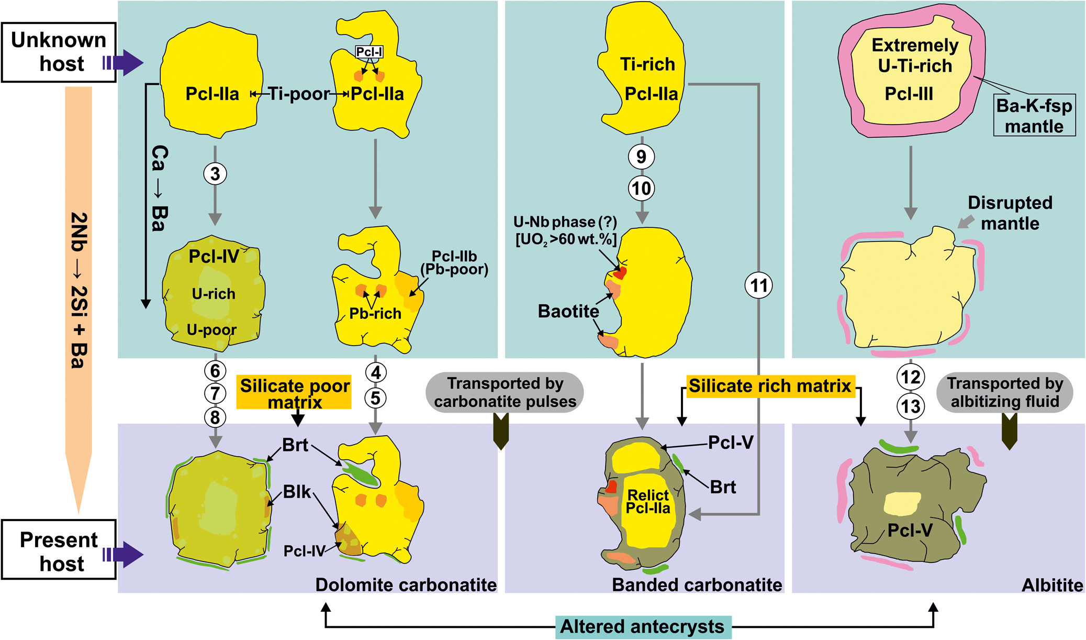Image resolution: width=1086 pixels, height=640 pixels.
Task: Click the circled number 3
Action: tap(215, 174)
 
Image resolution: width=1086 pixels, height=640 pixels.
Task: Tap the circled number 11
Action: tap(759, 286)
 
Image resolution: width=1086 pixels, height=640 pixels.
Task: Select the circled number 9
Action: tap(642, 157)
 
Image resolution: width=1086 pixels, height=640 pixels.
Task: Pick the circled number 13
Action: tap(911, 406)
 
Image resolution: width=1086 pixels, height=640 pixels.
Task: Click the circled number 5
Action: tap(375, 398)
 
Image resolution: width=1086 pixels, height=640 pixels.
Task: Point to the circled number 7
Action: tap(215, 393)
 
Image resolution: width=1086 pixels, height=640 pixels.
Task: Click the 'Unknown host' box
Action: tap(59, 52)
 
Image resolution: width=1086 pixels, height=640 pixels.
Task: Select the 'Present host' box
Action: tap(59, 549)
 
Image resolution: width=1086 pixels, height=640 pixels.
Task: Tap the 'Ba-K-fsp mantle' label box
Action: tap(1034, 116)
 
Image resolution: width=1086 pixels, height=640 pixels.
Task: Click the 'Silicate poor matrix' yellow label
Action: tap(294, 393)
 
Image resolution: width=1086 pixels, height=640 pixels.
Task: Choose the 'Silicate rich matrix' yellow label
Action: tap(770, 386)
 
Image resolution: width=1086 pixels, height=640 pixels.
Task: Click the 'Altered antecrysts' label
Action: tap(642, 627)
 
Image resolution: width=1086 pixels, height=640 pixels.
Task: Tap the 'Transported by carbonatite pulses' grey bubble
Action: tap(505, 392)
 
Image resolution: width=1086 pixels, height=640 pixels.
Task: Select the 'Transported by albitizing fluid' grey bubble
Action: tap(1005, 392)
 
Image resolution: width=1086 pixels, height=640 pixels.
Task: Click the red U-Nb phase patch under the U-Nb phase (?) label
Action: tap(621, 273)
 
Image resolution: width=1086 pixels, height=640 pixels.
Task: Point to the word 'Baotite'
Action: tap(568, 312)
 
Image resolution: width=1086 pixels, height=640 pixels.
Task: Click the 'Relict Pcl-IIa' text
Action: tap(648, 502)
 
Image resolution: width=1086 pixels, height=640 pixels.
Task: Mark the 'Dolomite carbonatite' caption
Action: tap(406, 585)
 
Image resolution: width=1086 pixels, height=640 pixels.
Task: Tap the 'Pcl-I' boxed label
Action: tap(369, 52)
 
